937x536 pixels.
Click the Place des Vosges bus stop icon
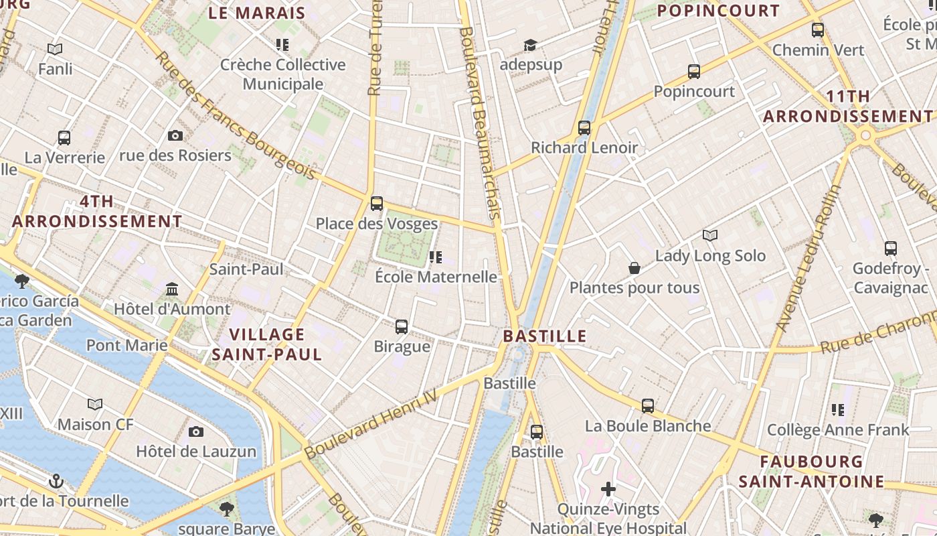(x=377, y=204)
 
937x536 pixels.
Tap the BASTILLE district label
(x=545, y=336)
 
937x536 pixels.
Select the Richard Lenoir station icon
(x=584, y=128)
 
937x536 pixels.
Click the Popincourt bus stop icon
(x=694, y=72)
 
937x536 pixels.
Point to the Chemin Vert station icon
(x=818, y=30)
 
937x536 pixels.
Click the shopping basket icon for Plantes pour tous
(x=634, y=269)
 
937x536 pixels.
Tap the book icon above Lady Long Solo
(x=710, y=236)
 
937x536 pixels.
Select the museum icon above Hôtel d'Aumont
(x=172, y=289)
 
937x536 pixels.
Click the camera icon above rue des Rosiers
(x=175, y=136)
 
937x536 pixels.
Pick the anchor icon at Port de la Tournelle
(x=57, y=481)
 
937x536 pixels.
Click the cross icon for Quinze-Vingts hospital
(x=608, y=489)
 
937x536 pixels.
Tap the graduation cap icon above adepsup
(x=531, y=45)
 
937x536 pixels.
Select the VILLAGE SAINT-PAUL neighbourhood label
(x=267, y=344)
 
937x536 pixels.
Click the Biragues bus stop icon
(x=402, y=327)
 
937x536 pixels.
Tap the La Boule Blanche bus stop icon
(x=648, y=406)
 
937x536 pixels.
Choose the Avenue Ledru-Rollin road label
(x=808, y=258)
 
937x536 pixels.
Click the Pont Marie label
(x=127, y=346)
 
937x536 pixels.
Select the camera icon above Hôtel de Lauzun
(x=196, y=432)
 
